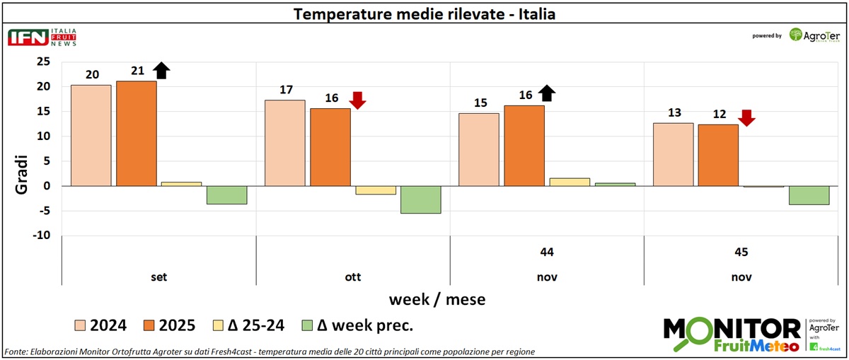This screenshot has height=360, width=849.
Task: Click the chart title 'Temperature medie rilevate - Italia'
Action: pos(424,14)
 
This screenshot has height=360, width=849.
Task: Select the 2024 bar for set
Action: pos(91,135)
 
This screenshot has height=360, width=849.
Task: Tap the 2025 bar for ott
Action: pos(330,147)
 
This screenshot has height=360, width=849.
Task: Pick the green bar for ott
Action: pos(420,199)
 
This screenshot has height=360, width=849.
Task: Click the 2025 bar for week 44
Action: pos(524,146)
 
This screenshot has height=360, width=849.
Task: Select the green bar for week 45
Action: pos(809,195)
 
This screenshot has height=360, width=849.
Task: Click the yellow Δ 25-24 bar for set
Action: pos(181,184)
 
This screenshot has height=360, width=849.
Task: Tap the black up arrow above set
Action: pos(162,70)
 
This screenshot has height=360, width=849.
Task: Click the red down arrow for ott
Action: pos(357,100)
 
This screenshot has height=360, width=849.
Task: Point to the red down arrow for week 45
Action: pos(746,117)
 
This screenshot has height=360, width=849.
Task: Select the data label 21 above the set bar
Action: pos(137,71)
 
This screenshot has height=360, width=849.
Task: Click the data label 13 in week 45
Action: pos(673,113)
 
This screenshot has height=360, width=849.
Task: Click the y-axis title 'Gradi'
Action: pos(21,177)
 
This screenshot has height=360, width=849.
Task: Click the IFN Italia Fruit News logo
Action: pos(42,37)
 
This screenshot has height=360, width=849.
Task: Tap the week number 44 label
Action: pos(547,252)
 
